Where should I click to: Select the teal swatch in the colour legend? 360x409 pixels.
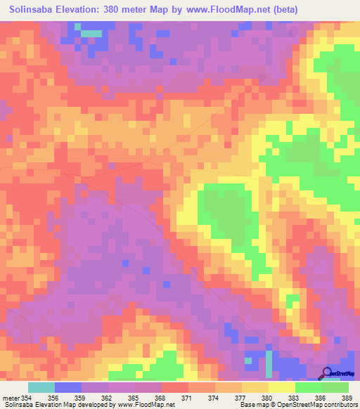click(41, 387)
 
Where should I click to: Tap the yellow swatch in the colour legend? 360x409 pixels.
click(281, 387)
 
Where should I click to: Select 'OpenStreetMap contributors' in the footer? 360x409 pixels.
click(315, 405)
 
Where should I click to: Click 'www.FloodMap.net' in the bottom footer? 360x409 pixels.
click(146, 405)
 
